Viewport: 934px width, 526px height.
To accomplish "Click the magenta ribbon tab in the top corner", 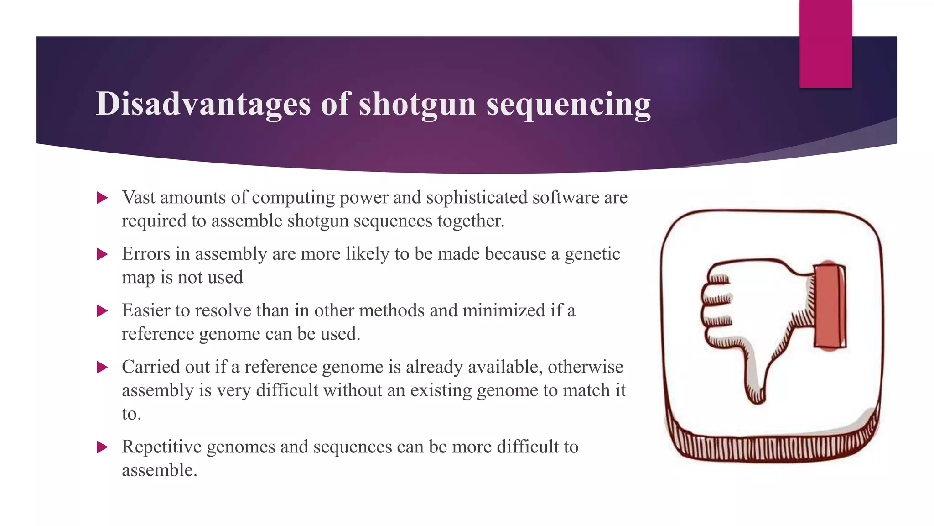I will pyautogui.click(x=825, y=44).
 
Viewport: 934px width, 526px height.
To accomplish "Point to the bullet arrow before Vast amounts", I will pyautogui.click(x=102, y=198).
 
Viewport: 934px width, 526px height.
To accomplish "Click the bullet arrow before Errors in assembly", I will pyautogui.click(x=102, y=254).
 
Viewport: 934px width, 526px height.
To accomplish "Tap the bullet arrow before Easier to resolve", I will pyautogui.click(x=102, y=311).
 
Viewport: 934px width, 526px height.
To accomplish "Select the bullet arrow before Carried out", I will pyautogui.click(x=102, y=368).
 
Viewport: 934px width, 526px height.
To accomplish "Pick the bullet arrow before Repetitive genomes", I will pyautogui.click(x=102, y=447).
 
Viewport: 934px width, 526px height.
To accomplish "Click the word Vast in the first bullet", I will pyautogui.click(x=139, y=198).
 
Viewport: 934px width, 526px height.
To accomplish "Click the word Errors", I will pyautogui.click(x=145, y=254).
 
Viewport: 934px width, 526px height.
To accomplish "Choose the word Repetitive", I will pyautogui.click(x=161, y=447).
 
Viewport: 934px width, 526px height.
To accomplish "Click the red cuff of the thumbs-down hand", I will pyautogui.click(x=830, y=306).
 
